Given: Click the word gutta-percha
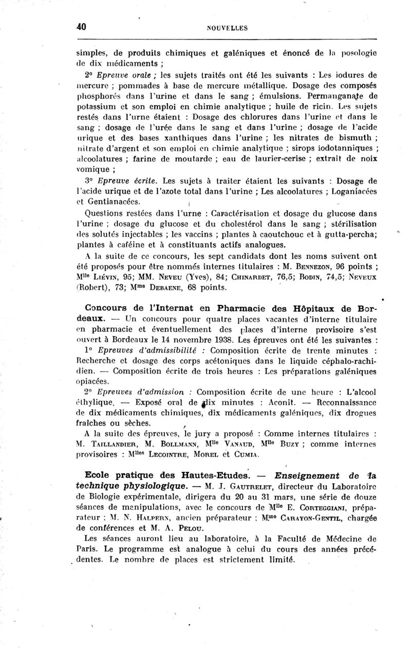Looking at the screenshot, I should coord(351,234).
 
